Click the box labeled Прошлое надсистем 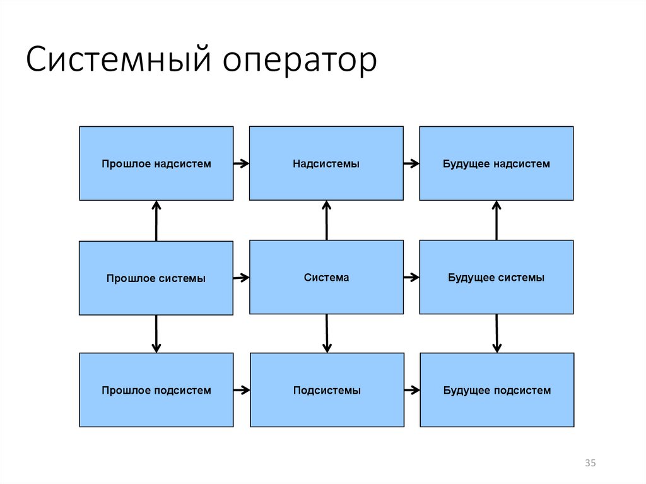(x=156, y=163)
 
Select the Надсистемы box (x=326, y=163)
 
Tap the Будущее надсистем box (x=496, y=163)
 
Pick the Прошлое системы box (x=156, y=278)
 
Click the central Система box (x=326, y=278)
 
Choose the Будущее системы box (x=496, y=278)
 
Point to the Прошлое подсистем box (x=156, y=390)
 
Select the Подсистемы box (x=327, y=390)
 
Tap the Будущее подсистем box (x=497, y=390)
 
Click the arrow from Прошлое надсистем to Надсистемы (x=242, y=163)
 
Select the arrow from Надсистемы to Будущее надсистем (x=411, y=163)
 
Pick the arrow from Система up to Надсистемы (x=327, y=221)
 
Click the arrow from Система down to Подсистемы (x=327, y=334)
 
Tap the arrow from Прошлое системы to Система (x=242, y=278)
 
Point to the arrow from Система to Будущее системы (x=411, y=278)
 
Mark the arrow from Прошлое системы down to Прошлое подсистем (x=156, y=334)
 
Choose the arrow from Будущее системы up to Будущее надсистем (x=496, y=221)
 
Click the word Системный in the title (x=119, y=59)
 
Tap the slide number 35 (x=590, y=463)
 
